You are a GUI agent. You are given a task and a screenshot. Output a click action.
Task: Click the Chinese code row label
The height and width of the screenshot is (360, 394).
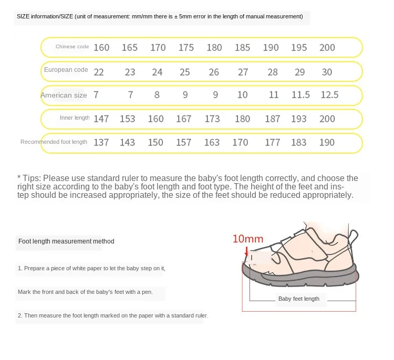click(72, 47)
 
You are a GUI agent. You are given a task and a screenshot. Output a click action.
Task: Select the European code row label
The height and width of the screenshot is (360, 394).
click(66, 70)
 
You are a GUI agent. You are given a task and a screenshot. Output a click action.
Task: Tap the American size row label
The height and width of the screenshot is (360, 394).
click(64, 95)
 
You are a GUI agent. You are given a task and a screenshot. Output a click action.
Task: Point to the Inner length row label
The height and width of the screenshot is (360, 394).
click(75, 118)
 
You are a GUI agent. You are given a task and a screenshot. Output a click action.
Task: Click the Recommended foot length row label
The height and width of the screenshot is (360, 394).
click(54, 142)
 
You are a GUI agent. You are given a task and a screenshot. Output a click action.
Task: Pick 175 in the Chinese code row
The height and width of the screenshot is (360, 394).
click(186, 47)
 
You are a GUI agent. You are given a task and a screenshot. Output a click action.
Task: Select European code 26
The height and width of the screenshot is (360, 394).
click(214, 72)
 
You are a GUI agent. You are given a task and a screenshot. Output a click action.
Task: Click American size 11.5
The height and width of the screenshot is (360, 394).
click(301, 95)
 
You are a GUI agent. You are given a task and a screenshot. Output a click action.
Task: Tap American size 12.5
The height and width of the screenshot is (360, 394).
click(329, 95)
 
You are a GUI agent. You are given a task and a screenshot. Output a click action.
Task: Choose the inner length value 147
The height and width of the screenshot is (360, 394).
click(101, 119)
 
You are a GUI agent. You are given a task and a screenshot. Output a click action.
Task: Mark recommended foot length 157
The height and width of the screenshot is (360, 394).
click(184, 142)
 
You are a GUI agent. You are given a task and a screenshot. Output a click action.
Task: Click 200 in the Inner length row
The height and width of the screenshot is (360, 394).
click(327, 119)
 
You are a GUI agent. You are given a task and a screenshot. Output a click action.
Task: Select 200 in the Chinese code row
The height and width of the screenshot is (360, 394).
click(327, 47)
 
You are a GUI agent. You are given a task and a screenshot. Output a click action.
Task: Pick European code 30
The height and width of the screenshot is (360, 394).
click(327, 72)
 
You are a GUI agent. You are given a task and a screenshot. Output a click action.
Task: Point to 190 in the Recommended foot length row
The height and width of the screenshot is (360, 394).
click(327, 142)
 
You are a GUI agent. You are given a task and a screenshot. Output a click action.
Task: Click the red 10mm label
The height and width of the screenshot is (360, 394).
click(247, 239)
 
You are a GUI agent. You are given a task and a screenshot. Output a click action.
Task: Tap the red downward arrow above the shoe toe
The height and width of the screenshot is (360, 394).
click(245, 252)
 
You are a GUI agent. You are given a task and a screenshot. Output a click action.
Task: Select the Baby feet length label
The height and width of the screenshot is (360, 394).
click(298, 299)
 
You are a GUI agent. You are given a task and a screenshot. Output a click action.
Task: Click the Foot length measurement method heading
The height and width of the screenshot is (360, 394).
click(66, 241)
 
